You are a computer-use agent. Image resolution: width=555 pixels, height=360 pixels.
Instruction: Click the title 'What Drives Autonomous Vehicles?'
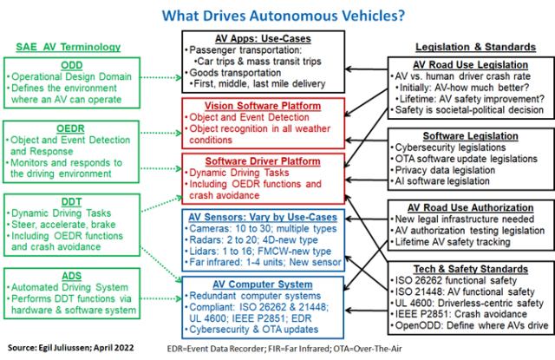point(278,14)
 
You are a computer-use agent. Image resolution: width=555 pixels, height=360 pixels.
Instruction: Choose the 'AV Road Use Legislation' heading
point(471,64)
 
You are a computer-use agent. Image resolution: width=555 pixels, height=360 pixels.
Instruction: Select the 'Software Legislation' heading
point(471,136)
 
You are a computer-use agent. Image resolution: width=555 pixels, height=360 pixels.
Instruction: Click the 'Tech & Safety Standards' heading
point(471,268)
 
